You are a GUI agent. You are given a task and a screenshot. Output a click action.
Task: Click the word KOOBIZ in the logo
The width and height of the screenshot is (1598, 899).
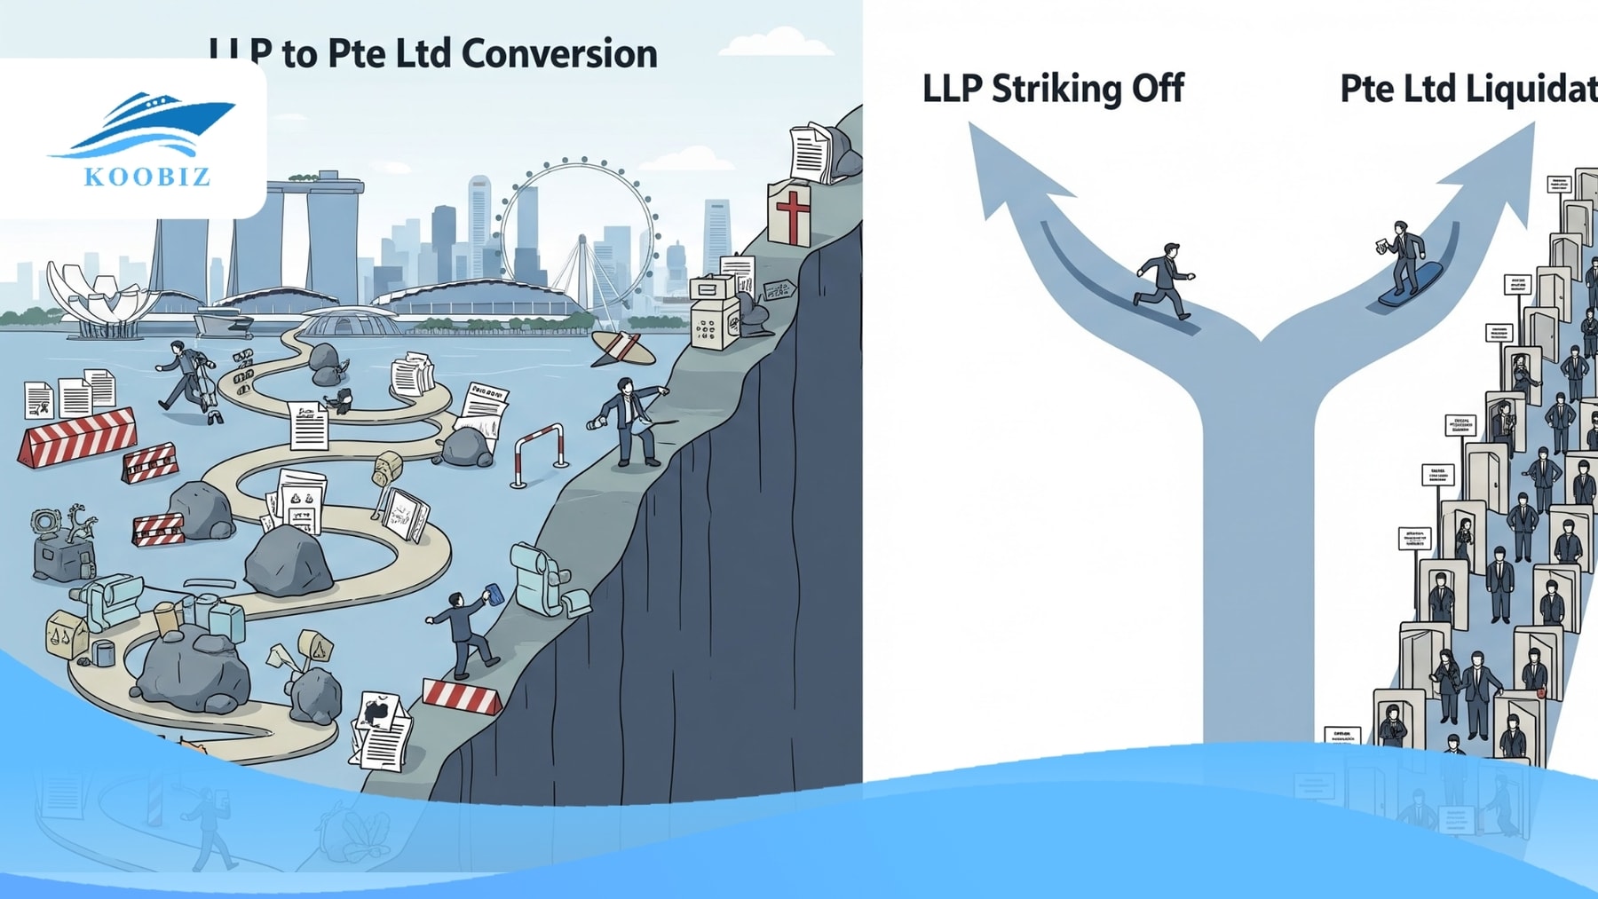[x=147, y=176]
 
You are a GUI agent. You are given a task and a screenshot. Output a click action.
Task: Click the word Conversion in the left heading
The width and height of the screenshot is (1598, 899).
[x=559, y=54]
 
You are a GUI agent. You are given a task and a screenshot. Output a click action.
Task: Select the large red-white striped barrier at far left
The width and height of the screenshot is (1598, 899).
[x=77, y=437]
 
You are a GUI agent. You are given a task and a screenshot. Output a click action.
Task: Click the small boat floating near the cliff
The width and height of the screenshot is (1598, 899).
[x=623, y=349]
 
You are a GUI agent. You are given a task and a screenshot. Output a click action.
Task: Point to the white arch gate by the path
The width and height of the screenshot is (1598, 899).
[x=539, y=453]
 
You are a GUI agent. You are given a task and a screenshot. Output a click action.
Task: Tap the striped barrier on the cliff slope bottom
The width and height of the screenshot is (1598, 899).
[x=462, y=697]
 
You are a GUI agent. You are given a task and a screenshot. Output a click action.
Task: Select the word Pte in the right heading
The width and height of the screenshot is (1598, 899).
[x=1366, y=89]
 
